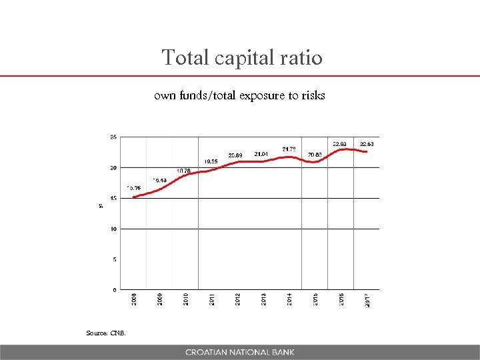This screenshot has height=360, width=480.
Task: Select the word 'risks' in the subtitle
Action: click(x=313, y=95)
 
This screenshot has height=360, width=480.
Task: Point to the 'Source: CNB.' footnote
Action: click(x=105, y=333)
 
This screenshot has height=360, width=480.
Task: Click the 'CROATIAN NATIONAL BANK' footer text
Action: click(x=240, y=352)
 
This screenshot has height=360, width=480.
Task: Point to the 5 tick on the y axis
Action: click(x=114, y=259)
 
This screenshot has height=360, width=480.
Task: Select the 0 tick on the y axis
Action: click(x=114, y=290)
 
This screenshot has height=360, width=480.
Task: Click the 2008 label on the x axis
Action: click(x=133, y=299)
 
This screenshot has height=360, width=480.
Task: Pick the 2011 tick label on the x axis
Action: click(x=211, y=299)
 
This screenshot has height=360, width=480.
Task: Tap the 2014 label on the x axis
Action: click(x=289, y=299)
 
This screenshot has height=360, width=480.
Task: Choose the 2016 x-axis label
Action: click(x=341, y=299)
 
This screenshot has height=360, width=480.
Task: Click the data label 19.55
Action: click(x=211, y=161)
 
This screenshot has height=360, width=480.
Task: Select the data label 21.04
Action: click(x=261, y=153)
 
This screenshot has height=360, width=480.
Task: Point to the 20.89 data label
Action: click(x=235, y=155)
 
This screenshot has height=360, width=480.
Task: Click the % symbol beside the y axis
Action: click(x=101, y=205)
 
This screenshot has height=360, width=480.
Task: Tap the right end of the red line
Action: click(x=367, y=152)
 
